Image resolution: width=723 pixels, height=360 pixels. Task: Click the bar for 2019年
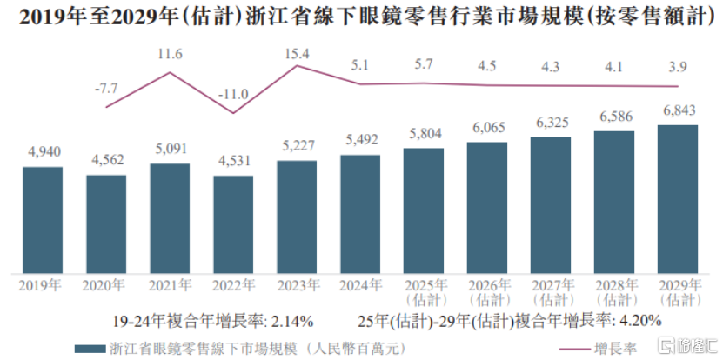coord(43,218)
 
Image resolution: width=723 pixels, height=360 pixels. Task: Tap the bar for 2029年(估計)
coord(678,197)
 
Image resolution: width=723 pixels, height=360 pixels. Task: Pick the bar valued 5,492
coord(360,213)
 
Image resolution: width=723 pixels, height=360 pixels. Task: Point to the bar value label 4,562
coord(106,160)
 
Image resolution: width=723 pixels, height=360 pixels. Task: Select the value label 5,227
coord(297,145)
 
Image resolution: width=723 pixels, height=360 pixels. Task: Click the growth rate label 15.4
coord(297,54)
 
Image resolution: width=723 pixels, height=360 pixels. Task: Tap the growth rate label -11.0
coord(233,94)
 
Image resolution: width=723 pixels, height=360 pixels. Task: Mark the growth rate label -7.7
coord(106,88)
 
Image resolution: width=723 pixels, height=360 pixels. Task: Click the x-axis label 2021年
coord(170,284)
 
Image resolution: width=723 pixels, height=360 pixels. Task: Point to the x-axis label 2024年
coord(360,284)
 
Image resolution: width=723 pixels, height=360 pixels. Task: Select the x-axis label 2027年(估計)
coord(551,291)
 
